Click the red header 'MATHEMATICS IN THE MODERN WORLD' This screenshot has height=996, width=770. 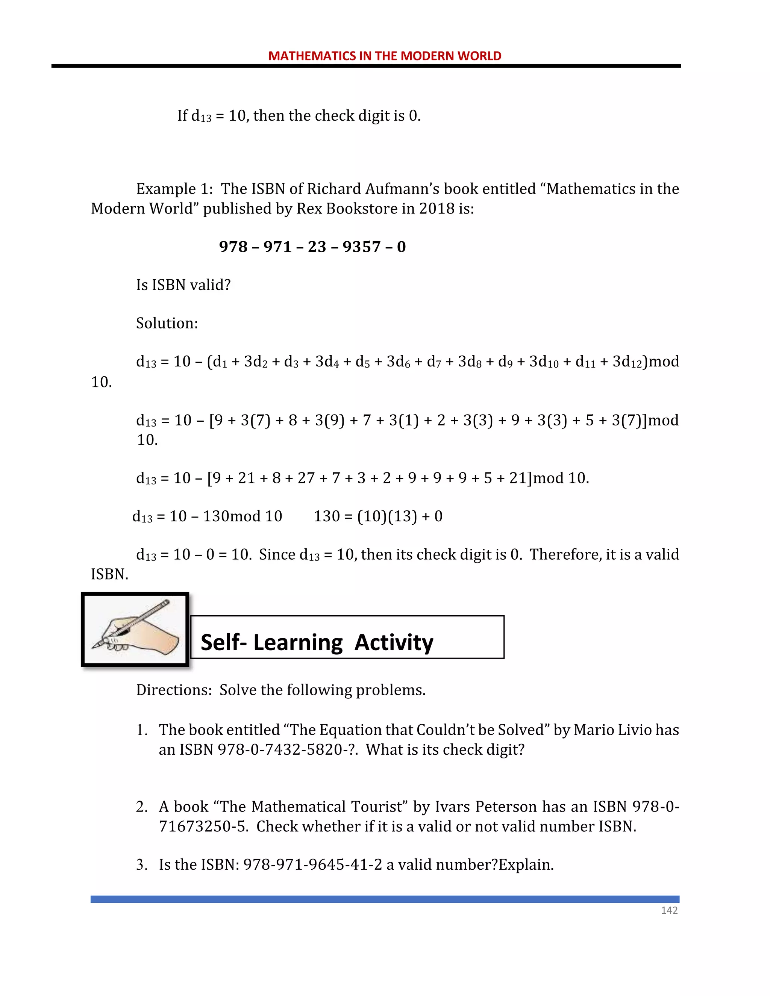pyautogui.click(x=385, y=56)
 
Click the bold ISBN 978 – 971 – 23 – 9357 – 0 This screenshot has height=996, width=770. pyautogui.click(x=312, y=247)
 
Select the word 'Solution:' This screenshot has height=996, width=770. pyautogui.click(x=167, y=323)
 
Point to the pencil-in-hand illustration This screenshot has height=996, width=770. pyautogui.click(x=135, y=629)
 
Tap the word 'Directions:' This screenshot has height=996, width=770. pyautogui.click(x=174, y=690)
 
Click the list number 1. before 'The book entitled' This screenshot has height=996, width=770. pyautogui.click(x=142, y=730)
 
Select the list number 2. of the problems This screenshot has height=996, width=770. pyautogui.click(x=142, y=807)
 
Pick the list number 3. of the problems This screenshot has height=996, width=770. pyautogui.click(x=142, y=865)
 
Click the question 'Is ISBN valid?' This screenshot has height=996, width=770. pyautogui.click(x=183, y=285)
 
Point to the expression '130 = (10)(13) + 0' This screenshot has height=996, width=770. pyautogui.click(x=378, y=516)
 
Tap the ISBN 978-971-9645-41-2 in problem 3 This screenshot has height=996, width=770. pyautogui.click(x=312, y=865)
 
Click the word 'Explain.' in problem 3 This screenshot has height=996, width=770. pyautogui.click(x=526, y=865)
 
